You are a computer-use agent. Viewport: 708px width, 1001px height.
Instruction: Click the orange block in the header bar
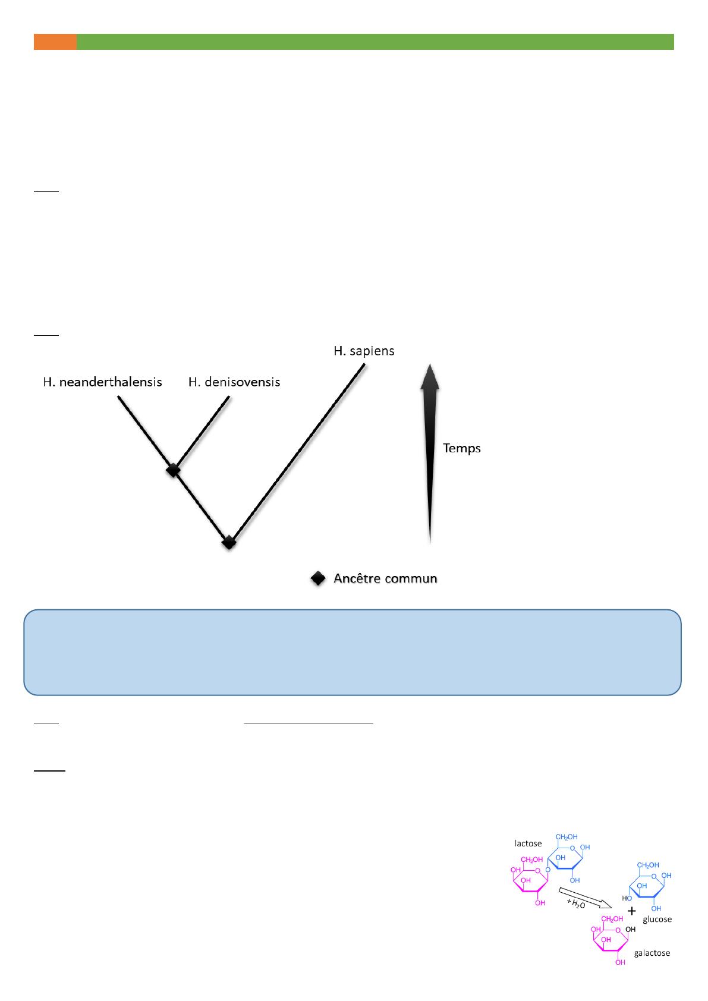click(55, 42)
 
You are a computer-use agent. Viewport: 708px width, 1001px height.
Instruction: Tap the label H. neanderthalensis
click(102, 382)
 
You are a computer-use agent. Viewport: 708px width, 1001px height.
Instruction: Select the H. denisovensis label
click(234, 382)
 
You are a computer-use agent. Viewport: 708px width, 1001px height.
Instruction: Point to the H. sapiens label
click(364, 351)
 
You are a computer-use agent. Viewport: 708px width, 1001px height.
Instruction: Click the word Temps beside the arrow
click(462, 448)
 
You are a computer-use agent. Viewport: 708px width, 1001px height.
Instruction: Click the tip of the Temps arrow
click(430, 364)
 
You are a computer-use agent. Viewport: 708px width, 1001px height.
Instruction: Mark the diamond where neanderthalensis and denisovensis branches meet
click(173, 470)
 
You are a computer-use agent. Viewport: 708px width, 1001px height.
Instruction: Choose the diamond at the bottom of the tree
click(229, 542)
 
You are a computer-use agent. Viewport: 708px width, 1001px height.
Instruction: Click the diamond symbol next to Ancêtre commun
click(318, 578)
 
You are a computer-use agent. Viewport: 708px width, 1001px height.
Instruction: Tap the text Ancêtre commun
click(385, 578)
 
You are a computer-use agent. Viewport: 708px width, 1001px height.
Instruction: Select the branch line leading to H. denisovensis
click(203, 432)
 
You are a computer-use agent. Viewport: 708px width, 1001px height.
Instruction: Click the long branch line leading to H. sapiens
click(298, 452)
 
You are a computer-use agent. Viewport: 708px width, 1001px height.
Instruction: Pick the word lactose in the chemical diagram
click(528, 843)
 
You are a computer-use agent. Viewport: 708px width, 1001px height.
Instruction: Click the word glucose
click(657, 919)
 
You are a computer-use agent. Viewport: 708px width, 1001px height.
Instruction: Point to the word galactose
click(652, 953)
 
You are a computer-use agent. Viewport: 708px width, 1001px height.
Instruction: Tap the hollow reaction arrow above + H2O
click(585, 898)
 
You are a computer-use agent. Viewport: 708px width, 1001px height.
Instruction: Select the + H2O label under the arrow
click(575, 904)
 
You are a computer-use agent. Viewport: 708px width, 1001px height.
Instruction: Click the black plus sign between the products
click(631, 911)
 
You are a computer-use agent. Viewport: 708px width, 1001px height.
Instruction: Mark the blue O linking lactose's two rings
click(547, 870)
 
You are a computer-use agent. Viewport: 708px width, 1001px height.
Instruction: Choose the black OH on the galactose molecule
click(630, 929)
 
